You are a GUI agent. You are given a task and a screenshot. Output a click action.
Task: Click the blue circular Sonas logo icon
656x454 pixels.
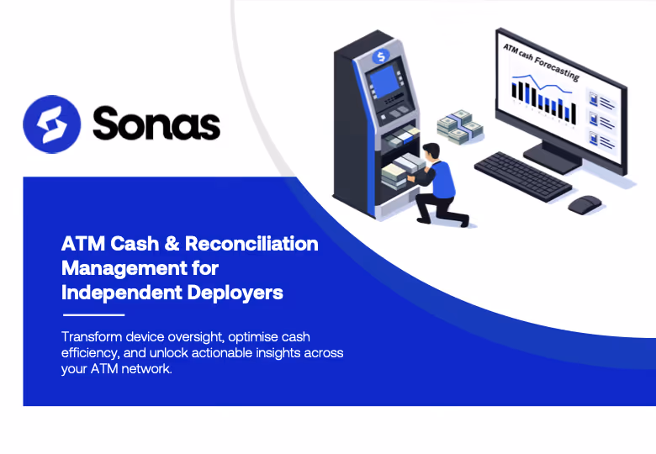[51, 124]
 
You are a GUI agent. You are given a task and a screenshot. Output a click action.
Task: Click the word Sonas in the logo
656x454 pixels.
[156, 124]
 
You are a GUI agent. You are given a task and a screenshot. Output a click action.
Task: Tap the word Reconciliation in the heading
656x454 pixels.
[251, 244]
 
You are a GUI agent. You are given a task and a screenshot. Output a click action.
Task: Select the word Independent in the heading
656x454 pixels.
[119, 293]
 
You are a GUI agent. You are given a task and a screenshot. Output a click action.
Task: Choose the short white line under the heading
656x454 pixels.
[93, 315]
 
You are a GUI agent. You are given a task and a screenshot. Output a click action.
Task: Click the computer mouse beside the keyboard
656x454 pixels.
[585, 203]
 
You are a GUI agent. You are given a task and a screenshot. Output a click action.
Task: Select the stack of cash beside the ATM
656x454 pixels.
[460, 125]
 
